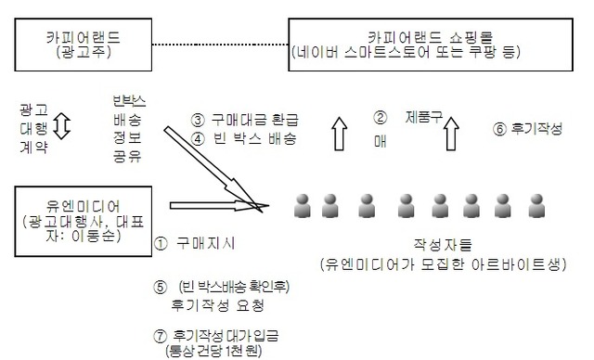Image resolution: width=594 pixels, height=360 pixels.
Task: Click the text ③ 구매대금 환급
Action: [244, 120]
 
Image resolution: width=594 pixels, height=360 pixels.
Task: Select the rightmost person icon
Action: [534, 205]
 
